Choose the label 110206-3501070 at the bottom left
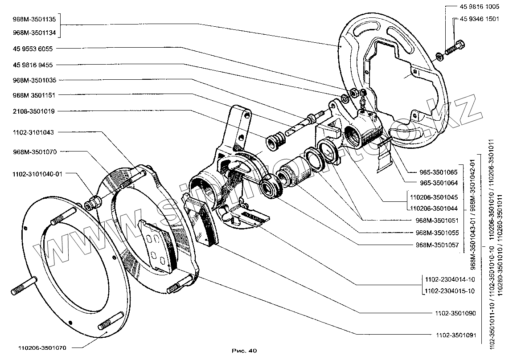pos(42,348)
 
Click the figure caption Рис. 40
pos(245,351)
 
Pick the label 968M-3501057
pos(437,245)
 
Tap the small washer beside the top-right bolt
pos(439,55)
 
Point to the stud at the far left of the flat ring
pos(22,289)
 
